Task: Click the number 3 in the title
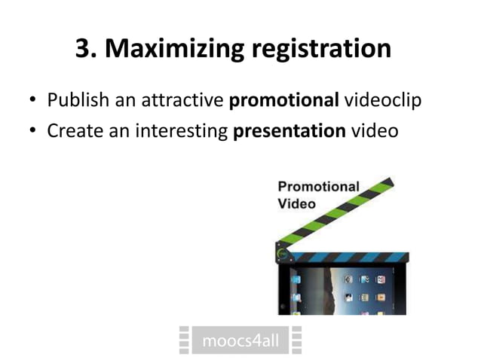pos(85,49)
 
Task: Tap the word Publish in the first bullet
pos(76,99)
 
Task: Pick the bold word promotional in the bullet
pos(283,99)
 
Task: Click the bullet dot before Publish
pos(33,101)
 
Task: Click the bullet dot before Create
pos(33,131)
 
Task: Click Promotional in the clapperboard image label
pos(318,187)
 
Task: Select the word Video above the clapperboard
pos(296,203)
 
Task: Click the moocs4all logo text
pos(240,341)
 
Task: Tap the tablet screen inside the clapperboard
pos(343,290)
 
